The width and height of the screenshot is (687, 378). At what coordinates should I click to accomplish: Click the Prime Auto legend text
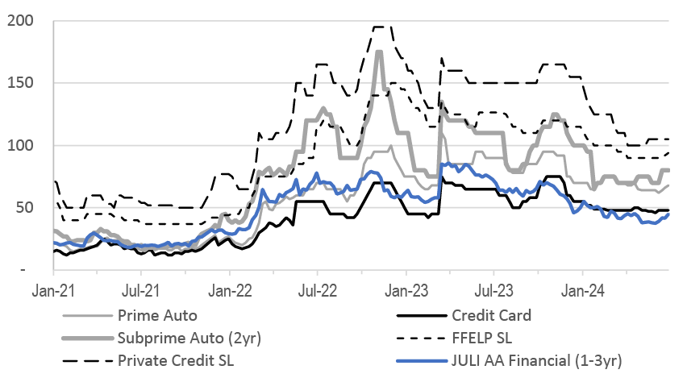coord(157,315)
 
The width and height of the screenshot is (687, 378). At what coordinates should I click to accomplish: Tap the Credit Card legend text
coord(491,315)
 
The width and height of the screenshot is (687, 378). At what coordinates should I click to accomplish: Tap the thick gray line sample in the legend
coord(86,337)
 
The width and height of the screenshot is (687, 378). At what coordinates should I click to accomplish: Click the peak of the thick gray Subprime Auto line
coord(378,52)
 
